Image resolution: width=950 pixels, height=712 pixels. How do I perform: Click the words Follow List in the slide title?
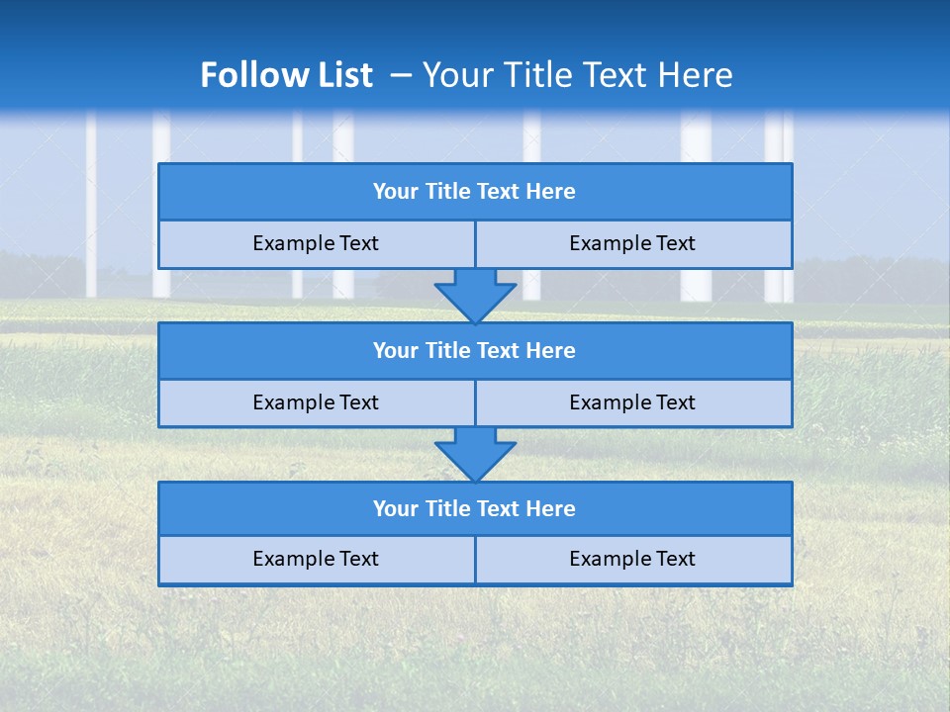coord(286,75)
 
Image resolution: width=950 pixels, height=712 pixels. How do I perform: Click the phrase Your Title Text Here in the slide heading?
coord(577,75)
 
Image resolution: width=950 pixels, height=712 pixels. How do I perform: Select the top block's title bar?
coord(475,192)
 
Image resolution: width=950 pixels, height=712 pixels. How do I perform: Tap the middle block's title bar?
coord(475,351)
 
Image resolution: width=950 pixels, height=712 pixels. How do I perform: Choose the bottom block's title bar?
coord(475,509)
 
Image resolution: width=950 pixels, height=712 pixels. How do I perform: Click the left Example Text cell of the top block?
coord(316,244)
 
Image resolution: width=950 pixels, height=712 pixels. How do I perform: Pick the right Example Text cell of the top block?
coord(633,244)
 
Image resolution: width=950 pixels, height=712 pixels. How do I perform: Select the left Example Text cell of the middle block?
coord(316,403)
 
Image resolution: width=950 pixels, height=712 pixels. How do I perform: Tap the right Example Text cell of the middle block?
coord(633,403)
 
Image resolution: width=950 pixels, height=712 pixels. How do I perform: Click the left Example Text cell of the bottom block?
coord(316,560)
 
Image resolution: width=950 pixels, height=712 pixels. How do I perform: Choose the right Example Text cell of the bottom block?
coord(633,560)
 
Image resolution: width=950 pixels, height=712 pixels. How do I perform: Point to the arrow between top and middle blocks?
coord(475,296)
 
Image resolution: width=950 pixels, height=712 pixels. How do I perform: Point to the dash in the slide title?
coord(401,75)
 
